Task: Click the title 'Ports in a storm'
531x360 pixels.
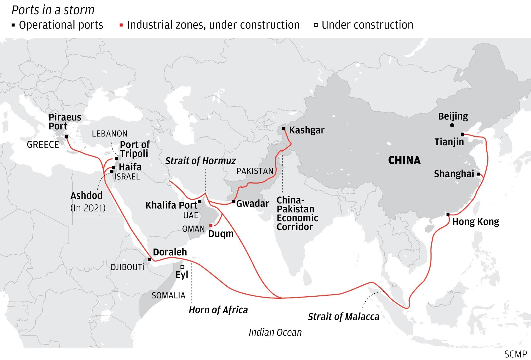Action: point(53,10)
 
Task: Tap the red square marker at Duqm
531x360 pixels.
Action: point(211,226)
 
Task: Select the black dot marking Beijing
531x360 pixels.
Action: point(452,125)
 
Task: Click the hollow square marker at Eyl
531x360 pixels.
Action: point(182,267)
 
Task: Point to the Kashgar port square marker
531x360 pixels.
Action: point(284,129)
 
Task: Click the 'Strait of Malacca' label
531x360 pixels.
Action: point(344,317)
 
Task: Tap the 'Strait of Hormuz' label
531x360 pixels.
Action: point(201,161)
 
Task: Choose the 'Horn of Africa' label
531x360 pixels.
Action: point(218,310)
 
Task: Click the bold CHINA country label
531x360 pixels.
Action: point(404,160)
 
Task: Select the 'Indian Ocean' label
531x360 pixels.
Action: point(275,332)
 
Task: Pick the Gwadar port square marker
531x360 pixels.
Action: point(234,202)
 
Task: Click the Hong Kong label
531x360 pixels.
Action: point(475,222)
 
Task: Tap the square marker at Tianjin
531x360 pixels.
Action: point(462,134)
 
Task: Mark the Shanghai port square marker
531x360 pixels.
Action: point(479,174)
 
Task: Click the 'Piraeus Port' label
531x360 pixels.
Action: point(65,121)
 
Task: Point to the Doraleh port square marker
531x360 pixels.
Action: point(150,259)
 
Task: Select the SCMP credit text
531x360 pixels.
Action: point(516,354)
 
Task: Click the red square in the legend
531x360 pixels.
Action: point(121,25)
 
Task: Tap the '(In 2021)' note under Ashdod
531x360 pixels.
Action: point(88,208)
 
